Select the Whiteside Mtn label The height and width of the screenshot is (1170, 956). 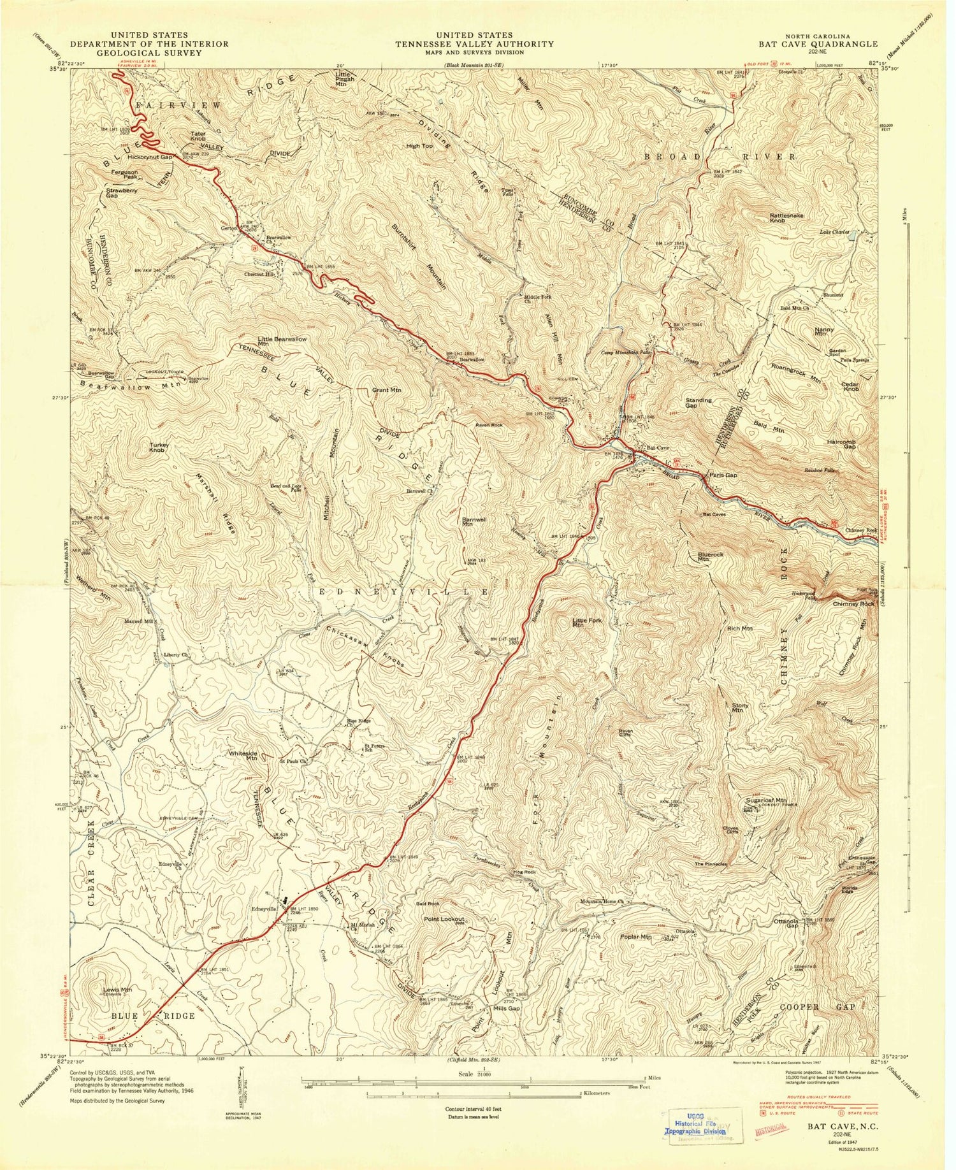pyautogui.click(x=243, y=756)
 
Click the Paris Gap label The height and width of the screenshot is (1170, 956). pyautogui.click(x=718, y=476)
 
